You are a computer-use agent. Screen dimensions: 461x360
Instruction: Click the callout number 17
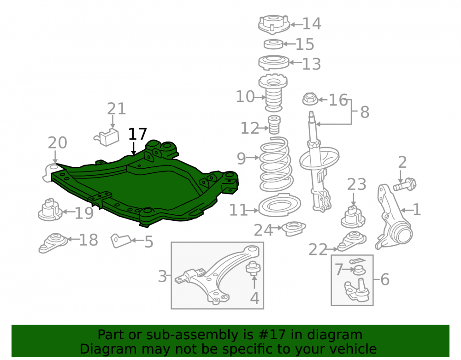click(137, 134)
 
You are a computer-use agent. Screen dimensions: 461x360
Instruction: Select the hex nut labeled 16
click(310, 99)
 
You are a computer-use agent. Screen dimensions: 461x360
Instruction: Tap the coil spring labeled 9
click(276, 164)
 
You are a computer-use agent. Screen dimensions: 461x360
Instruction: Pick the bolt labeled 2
click(405, 184)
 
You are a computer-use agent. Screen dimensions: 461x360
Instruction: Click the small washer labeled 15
click(273, 44)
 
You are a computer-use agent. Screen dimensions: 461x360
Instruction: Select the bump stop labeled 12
click(274, 125)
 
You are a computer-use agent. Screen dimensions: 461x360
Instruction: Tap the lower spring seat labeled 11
click(279, 205)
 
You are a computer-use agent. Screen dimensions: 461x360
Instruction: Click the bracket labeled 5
click(120, 241)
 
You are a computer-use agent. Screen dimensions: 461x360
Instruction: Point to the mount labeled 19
click(50, 210)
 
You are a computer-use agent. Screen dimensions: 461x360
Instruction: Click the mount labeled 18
click(53, 243)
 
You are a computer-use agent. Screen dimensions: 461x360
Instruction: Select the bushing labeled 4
click(253, 267)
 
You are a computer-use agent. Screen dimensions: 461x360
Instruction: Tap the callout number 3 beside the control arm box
click(162, 276)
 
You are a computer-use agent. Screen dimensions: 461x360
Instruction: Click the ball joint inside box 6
click(357, 289)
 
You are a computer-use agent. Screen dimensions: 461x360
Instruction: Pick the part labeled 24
click(294, 228)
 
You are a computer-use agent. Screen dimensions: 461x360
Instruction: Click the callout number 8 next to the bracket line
click(365, 112)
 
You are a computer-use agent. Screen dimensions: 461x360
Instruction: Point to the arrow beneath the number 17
click(134, 148)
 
